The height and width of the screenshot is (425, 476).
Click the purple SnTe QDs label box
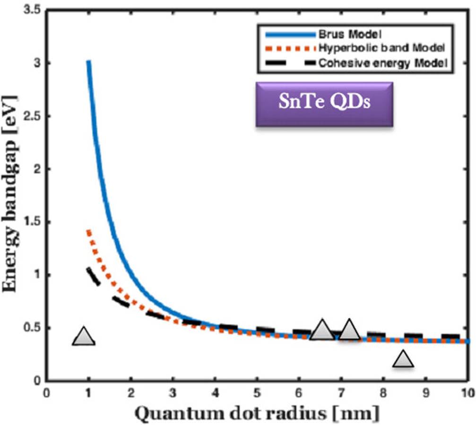(324, 104)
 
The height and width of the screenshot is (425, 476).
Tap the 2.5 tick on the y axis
(32, 116)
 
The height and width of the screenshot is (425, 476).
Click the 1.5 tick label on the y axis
(32, 222)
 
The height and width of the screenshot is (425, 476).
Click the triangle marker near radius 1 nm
(84, 337)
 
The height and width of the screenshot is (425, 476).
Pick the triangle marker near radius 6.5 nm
(322, 331)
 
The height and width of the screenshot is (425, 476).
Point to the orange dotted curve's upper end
(88, 231)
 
